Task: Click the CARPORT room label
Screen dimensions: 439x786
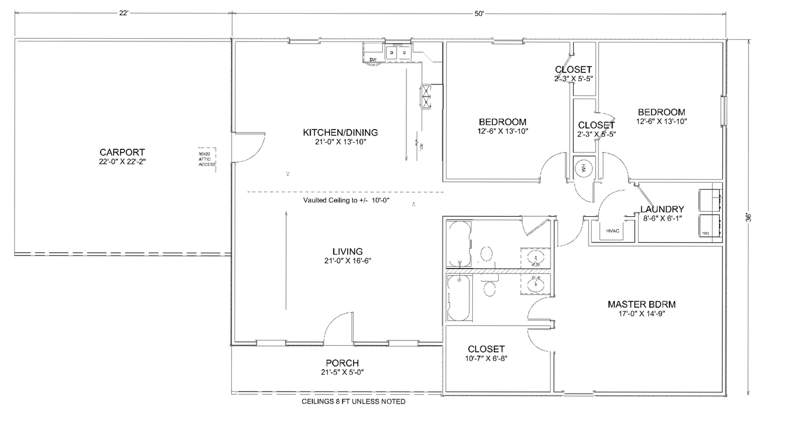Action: (x=122, y=152)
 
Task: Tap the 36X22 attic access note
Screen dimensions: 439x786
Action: (x=207, y=159)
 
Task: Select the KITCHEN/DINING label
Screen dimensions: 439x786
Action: (x=340, y=132)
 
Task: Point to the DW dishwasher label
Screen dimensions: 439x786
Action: (x=373, y=59)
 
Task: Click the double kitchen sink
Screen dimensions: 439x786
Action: (x=398, y=53)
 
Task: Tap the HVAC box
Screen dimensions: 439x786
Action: (x=613, y=230)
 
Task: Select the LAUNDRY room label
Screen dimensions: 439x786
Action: (x=662, y=209)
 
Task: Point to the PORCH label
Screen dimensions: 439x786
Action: (x=342, y=363)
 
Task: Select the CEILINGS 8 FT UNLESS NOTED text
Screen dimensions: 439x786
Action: (x=353, y=402)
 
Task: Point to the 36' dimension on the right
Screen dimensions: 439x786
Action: (x=749, y=217)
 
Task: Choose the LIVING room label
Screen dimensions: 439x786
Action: (x=348, y=252)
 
